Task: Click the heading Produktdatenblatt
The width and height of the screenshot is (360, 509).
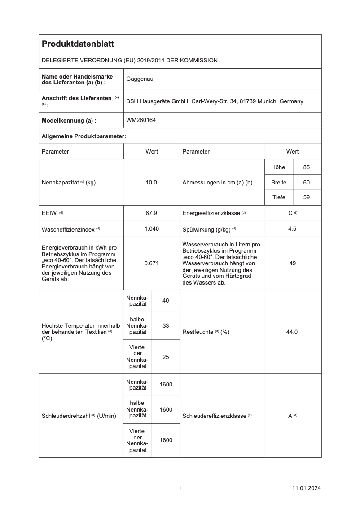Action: tap(78, 44)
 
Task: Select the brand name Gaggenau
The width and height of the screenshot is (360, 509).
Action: tap(140, 79)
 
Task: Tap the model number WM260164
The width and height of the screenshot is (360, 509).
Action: tap(141, 120)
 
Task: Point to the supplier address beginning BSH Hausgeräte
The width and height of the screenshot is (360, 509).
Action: tap(215, 101)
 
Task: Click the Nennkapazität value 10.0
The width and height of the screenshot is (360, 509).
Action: tap(151, 183)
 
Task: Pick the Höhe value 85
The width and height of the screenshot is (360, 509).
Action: tap(307, 167)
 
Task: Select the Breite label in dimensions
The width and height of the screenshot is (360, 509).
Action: tap(278, 183)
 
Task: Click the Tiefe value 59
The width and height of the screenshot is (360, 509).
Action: tap(307, 197)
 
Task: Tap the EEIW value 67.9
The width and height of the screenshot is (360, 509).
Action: tap(151, 212)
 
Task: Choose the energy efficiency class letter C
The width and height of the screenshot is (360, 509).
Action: tap(290, 212)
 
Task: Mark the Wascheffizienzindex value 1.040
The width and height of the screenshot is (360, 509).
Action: tap(151, 228)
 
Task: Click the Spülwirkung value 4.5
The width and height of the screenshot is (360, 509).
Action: tap(292, 228)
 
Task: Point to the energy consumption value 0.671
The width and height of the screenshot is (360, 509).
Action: tap(151, 263)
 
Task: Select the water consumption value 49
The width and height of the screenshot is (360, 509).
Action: tap(292, 263)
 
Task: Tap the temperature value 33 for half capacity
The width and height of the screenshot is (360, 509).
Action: tap(166, 325)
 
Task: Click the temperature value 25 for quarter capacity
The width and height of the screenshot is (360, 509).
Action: tap(166, 357)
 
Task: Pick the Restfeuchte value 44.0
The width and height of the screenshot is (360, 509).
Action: tap(292, 332)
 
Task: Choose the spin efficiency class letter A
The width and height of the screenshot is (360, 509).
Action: tap(290, 416)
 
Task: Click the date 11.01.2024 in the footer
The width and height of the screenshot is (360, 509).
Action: tap(306, 488)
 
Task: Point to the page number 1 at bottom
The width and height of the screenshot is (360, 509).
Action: tap(180, 488)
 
